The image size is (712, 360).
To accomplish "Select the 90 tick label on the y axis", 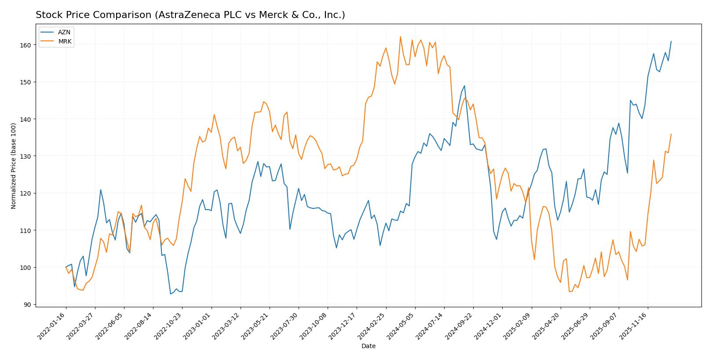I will pos(27,305).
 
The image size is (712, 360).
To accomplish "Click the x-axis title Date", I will pos(368,346).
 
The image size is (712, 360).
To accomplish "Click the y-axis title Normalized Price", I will pos(14,166).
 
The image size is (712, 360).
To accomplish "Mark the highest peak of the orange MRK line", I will pos(400,36).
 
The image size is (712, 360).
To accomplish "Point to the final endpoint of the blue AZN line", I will pos(671,41).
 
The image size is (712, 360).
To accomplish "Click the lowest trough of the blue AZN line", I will pos(171,294).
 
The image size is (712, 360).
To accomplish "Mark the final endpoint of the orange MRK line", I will pos(671,134).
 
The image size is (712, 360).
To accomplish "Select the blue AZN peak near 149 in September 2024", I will pos(464,86).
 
